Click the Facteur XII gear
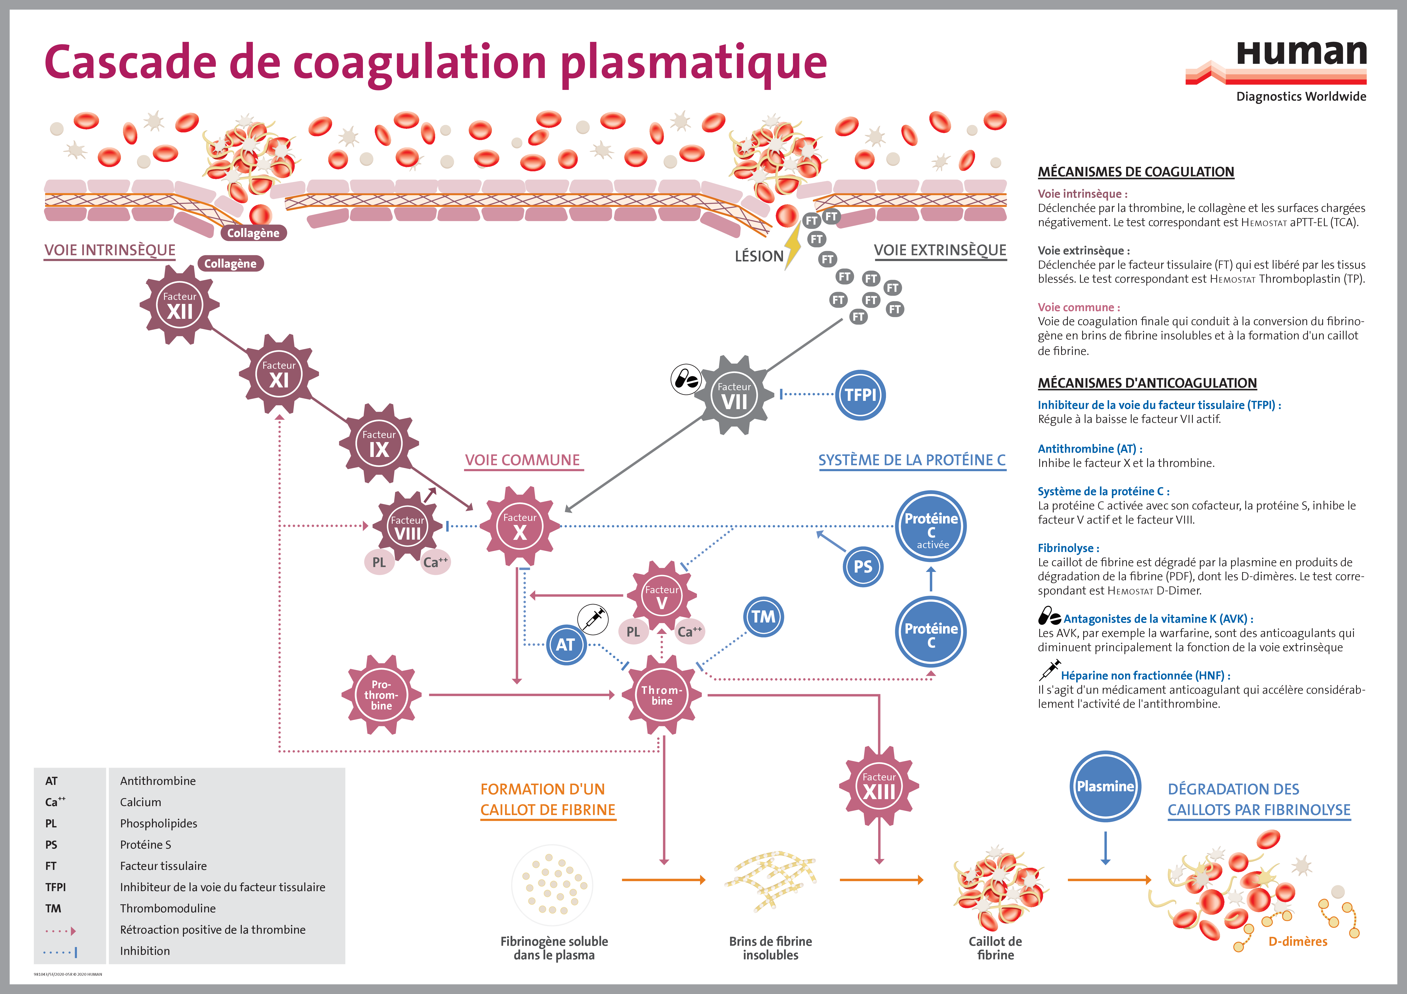[x=180, y=305]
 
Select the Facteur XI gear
[x=279, y=374]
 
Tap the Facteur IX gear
[x=379, y=443]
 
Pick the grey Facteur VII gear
[x=733, y=395]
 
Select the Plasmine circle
[x=1105, y=786]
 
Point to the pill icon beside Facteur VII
[x=686, y=380]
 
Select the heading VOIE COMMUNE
[x=522, y=460]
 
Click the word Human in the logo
[x=1301, y=54]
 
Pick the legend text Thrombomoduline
[x=168, y=908]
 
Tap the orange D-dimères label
[x=1297, y=941]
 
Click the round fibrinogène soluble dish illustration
[x=552, y=886]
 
